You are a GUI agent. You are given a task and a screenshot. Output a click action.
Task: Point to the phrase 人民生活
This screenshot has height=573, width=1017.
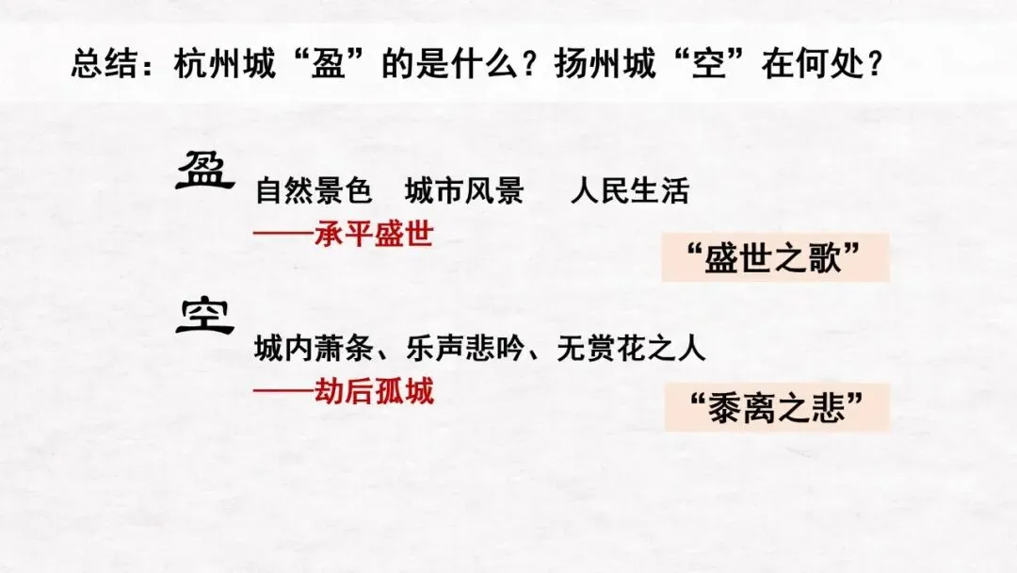(x=629, y=191)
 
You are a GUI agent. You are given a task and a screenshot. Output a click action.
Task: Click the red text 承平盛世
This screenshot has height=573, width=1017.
(x=374, y=233)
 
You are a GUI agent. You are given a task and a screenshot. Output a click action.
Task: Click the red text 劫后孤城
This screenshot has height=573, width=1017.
(x=374, y=389)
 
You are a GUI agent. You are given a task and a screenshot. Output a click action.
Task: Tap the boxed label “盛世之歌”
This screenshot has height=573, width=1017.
(x=776, y=257)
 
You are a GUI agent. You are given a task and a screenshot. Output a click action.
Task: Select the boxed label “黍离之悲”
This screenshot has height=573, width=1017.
(x=776, y=408)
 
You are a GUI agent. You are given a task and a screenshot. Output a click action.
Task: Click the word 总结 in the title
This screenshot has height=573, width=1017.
(x=103, y=66)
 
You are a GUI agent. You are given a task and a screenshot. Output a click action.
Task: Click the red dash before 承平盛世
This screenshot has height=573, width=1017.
(x=283, y=233)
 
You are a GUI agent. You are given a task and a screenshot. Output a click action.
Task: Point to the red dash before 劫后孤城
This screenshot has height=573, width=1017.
(x=283, y=389)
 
